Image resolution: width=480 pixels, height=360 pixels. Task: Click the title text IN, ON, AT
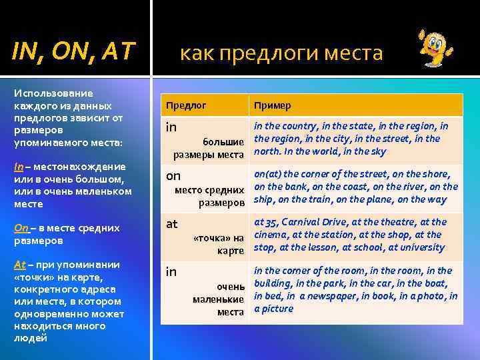[74, 49]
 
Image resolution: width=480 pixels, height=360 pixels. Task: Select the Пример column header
[272, 105]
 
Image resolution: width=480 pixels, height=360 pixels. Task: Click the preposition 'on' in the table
[173, 175]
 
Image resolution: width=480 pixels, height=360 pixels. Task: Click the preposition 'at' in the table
[171, 224]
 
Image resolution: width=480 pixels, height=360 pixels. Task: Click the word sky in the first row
[377, 151]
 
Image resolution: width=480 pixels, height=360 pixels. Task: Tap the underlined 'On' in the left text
[21, 228]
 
